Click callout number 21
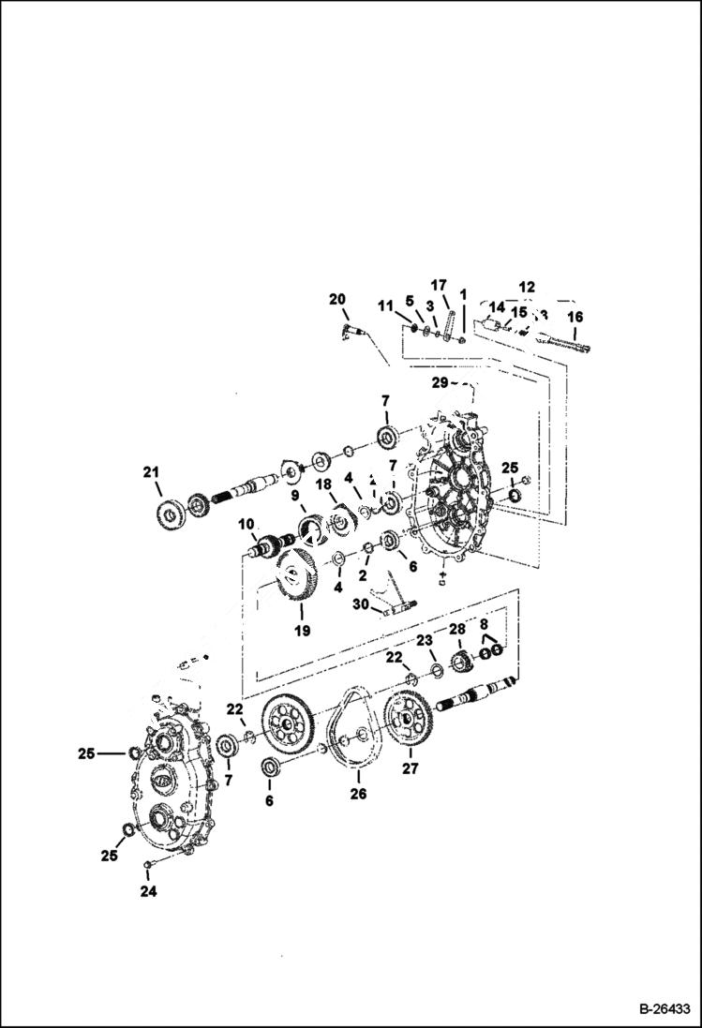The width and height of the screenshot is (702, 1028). tap(151, 473)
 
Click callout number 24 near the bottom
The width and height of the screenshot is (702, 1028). tap(148, 891)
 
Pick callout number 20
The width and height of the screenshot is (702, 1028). tap(336, 299)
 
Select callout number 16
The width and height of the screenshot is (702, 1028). tap(575, 318)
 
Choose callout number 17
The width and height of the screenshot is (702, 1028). tap(438, 285)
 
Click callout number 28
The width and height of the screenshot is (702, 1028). tap(456, 628)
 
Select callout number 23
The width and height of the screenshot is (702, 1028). tap(424, 640)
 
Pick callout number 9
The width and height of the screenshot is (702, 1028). tap(293, 495)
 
